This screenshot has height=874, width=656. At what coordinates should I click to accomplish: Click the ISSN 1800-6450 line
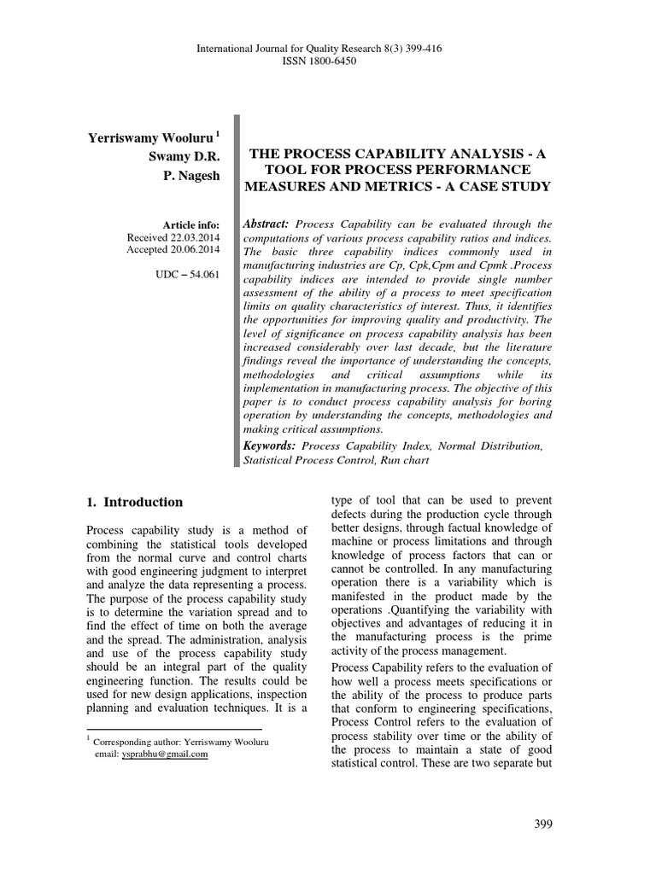(x=328, y=61)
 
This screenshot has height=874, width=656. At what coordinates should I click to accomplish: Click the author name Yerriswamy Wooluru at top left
(x=149, y=139)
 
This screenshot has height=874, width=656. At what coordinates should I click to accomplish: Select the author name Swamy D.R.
(x=184, y=157)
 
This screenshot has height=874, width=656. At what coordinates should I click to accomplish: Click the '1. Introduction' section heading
(x=135, y=502)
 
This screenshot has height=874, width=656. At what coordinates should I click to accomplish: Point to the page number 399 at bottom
(x=543, y=824)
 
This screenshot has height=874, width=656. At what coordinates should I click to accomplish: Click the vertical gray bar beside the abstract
(x=237, y=290)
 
